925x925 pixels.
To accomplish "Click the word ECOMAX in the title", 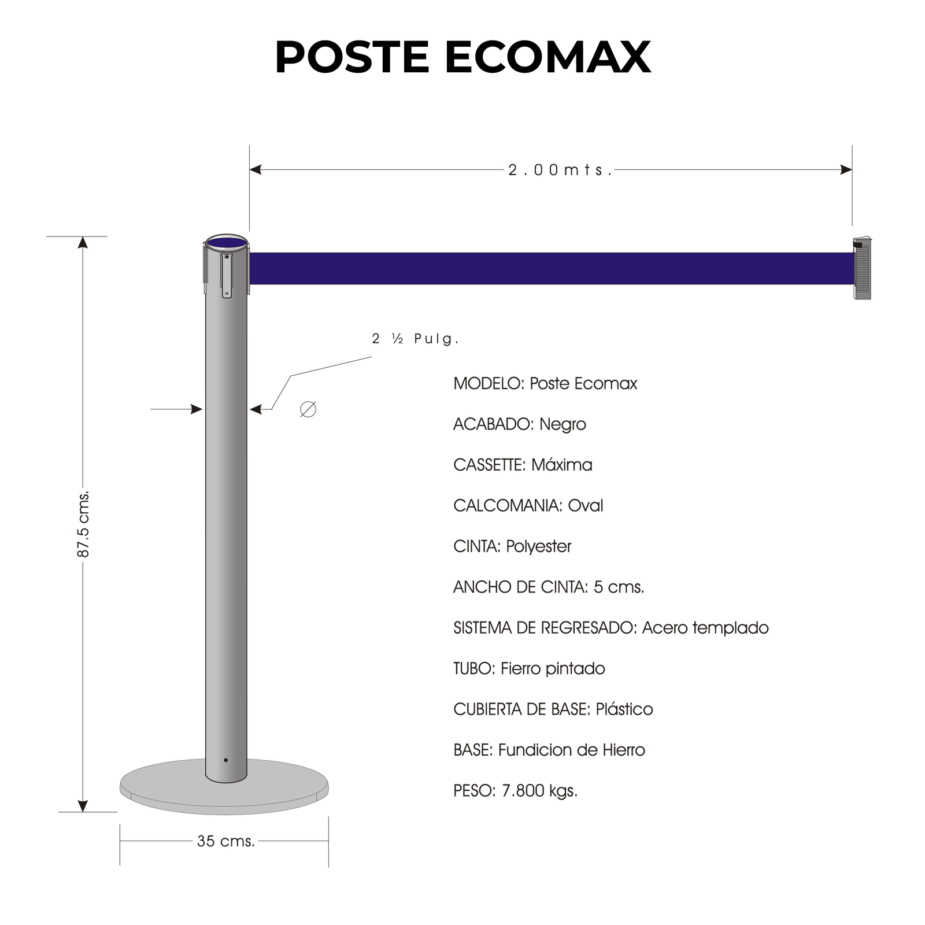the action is [x=547, y=57].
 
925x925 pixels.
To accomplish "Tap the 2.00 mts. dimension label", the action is [x=560, y=170].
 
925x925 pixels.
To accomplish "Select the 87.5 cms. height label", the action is [x=83, y=524].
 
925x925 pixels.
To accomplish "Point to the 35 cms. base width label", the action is [x=226, y=841].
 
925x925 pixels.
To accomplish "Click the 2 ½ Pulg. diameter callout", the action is [x=415, y=339].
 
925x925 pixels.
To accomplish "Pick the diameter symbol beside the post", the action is [x=308, y=409].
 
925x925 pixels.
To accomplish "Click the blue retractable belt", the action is [x=552, y=268].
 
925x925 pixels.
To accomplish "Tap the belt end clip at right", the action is [x=862, y=268].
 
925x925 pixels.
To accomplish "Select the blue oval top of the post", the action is [x=227, y=243].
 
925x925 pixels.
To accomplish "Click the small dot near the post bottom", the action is [x=225, y=760].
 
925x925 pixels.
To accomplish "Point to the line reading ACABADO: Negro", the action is [x=519, y=424].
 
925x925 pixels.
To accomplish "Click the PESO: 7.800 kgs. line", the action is [x=515, y=790].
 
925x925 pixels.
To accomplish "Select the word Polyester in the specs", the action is [x=538, y=546].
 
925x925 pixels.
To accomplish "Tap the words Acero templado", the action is [x=705, y=628].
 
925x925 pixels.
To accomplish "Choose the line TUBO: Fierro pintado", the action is [x=529, y=669].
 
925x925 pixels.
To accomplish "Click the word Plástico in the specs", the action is [x=624, y=709].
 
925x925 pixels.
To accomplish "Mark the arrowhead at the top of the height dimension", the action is [x=83, y=242].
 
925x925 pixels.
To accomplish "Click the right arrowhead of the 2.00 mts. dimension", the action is [x=846, y=169].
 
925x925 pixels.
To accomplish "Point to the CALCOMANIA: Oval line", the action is [x=528, y=506].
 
